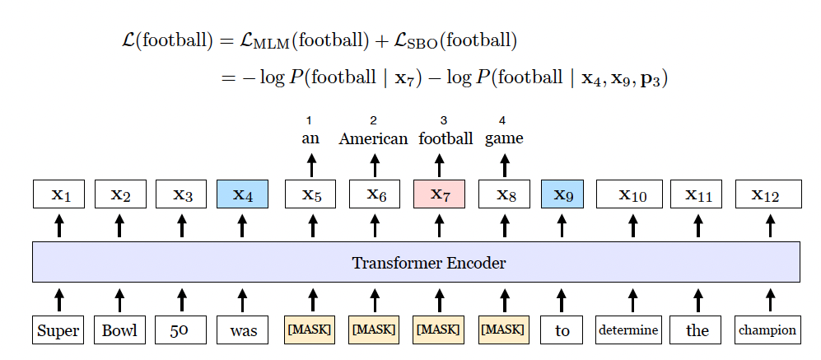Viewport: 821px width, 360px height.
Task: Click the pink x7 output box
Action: [x=439, y=194]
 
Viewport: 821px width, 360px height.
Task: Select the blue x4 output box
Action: [x=242, y=194]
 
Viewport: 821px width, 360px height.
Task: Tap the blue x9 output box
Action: [x=562, y=194]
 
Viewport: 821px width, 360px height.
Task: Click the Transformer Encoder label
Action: [x=428, y=264]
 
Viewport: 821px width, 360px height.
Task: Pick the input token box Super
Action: [x=58, y=330]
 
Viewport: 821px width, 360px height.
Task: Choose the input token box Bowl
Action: [x=119, y=330]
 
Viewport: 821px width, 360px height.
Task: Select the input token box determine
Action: [x=629, y=330]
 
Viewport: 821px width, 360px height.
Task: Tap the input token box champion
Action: [x=767, y=330]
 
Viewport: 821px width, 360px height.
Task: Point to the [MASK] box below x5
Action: [x=310, y=330]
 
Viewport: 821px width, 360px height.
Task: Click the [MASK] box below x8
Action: [x=502, y=330]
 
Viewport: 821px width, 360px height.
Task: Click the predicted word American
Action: [x=373, y=138]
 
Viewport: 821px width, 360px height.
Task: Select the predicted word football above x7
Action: [x=445, y=138]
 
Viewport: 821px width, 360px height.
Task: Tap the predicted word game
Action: [x=504, y=138]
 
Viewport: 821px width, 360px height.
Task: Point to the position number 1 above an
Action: [x=310, y=121]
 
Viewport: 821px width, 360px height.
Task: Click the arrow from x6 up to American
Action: [x=375, y=165]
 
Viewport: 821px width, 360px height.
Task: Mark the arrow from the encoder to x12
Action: [x=770, y=227]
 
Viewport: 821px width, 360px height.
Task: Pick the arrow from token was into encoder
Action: [x=242, y=299]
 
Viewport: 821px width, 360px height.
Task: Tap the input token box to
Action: [x=562, y=330]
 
